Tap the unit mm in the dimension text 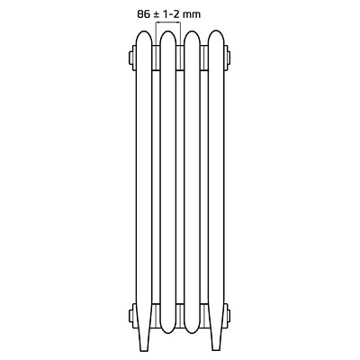[192, 14]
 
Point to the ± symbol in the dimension [157, 14]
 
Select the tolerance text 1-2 [171, 14]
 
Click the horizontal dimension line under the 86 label [168, 22]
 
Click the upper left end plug [132, 58]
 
